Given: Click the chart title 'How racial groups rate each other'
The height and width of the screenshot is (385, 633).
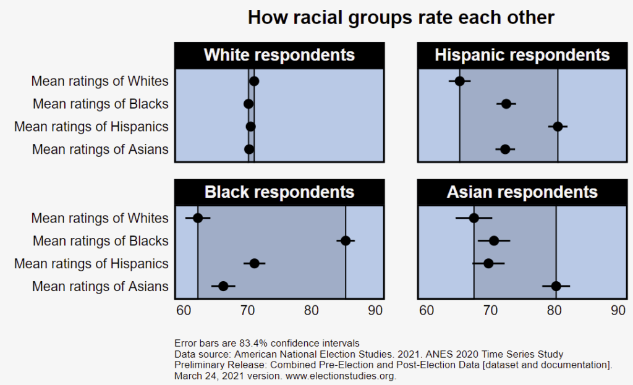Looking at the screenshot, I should (401, 17).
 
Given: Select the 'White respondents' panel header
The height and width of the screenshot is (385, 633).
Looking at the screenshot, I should (279, 55).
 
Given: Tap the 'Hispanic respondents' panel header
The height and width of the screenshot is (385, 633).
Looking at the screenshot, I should (522, 55).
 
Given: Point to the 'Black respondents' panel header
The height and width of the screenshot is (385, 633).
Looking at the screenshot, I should (279, 192).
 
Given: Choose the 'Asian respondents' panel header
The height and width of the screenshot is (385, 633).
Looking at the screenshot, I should (522, 192).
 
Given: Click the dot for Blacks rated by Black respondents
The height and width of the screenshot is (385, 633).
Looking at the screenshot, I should (346, 240).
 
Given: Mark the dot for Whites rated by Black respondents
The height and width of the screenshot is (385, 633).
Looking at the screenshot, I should (198, 218).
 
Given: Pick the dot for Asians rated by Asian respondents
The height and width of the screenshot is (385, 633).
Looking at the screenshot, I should (556, 286).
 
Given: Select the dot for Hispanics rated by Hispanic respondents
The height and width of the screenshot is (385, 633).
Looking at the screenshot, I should (558, 126).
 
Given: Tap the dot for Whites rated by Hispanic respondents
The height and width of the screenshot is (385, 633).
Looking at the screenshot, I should (459, 81).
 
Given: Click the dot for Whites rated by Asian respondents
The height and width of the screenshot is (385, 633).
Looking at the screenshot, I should (474, 218).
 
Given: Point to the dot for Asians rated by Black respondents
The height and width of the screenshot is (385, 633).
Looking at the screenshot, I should (223, 286).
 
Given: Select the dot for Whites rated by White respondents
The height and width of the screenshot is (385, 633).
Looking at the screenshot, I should (254, 81).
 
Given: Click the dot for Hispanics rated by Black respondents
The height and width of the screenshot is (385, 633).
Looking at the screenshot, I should (254, 263).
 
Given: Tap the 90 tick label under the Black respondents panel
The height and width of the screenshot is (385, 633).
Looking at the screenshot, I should (375, 311).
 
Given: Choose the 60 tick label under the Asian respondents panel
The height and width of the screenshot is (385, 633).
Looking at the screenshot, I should (427, 311).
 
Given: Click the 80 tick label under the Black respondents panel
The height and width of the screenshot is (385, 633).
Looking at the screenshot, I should (312, 311).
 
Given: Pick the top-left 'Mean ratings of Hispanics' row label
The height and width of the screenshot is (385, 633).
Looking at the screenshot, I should (91, 127).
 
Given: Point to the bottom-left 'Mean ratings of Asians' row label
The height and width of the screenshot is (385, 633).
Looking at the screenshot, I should (100, 286).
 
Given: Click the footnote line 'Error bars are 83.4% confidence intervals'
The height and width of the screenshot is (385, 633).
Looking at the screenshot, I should (267, 343).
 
